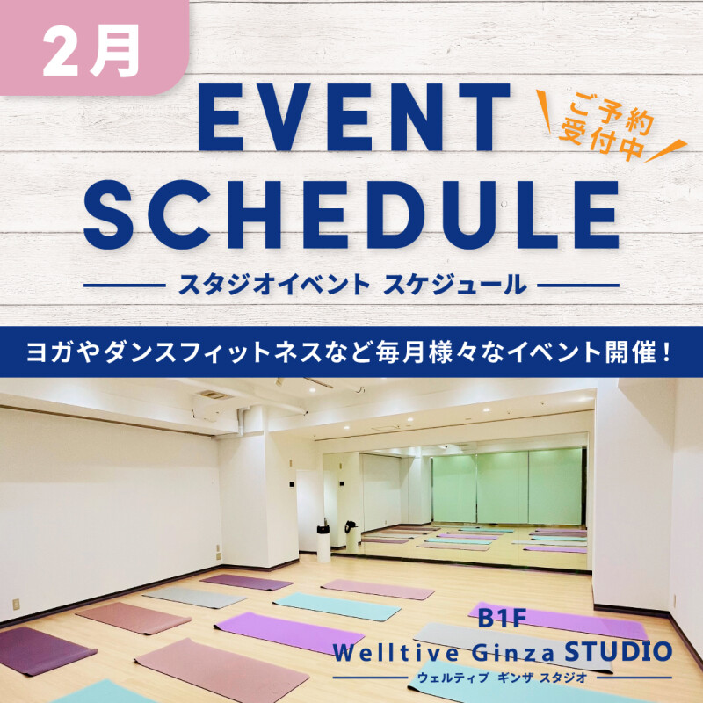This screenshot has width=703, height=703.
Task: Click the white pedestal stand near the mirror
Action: click(x=323, y=540)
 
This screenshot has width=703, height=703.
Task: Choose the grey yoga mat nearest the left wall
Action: click(x=185, y=597)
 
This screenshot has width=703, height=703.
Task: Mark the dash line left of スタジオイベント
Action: click(x=122, y=285)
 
